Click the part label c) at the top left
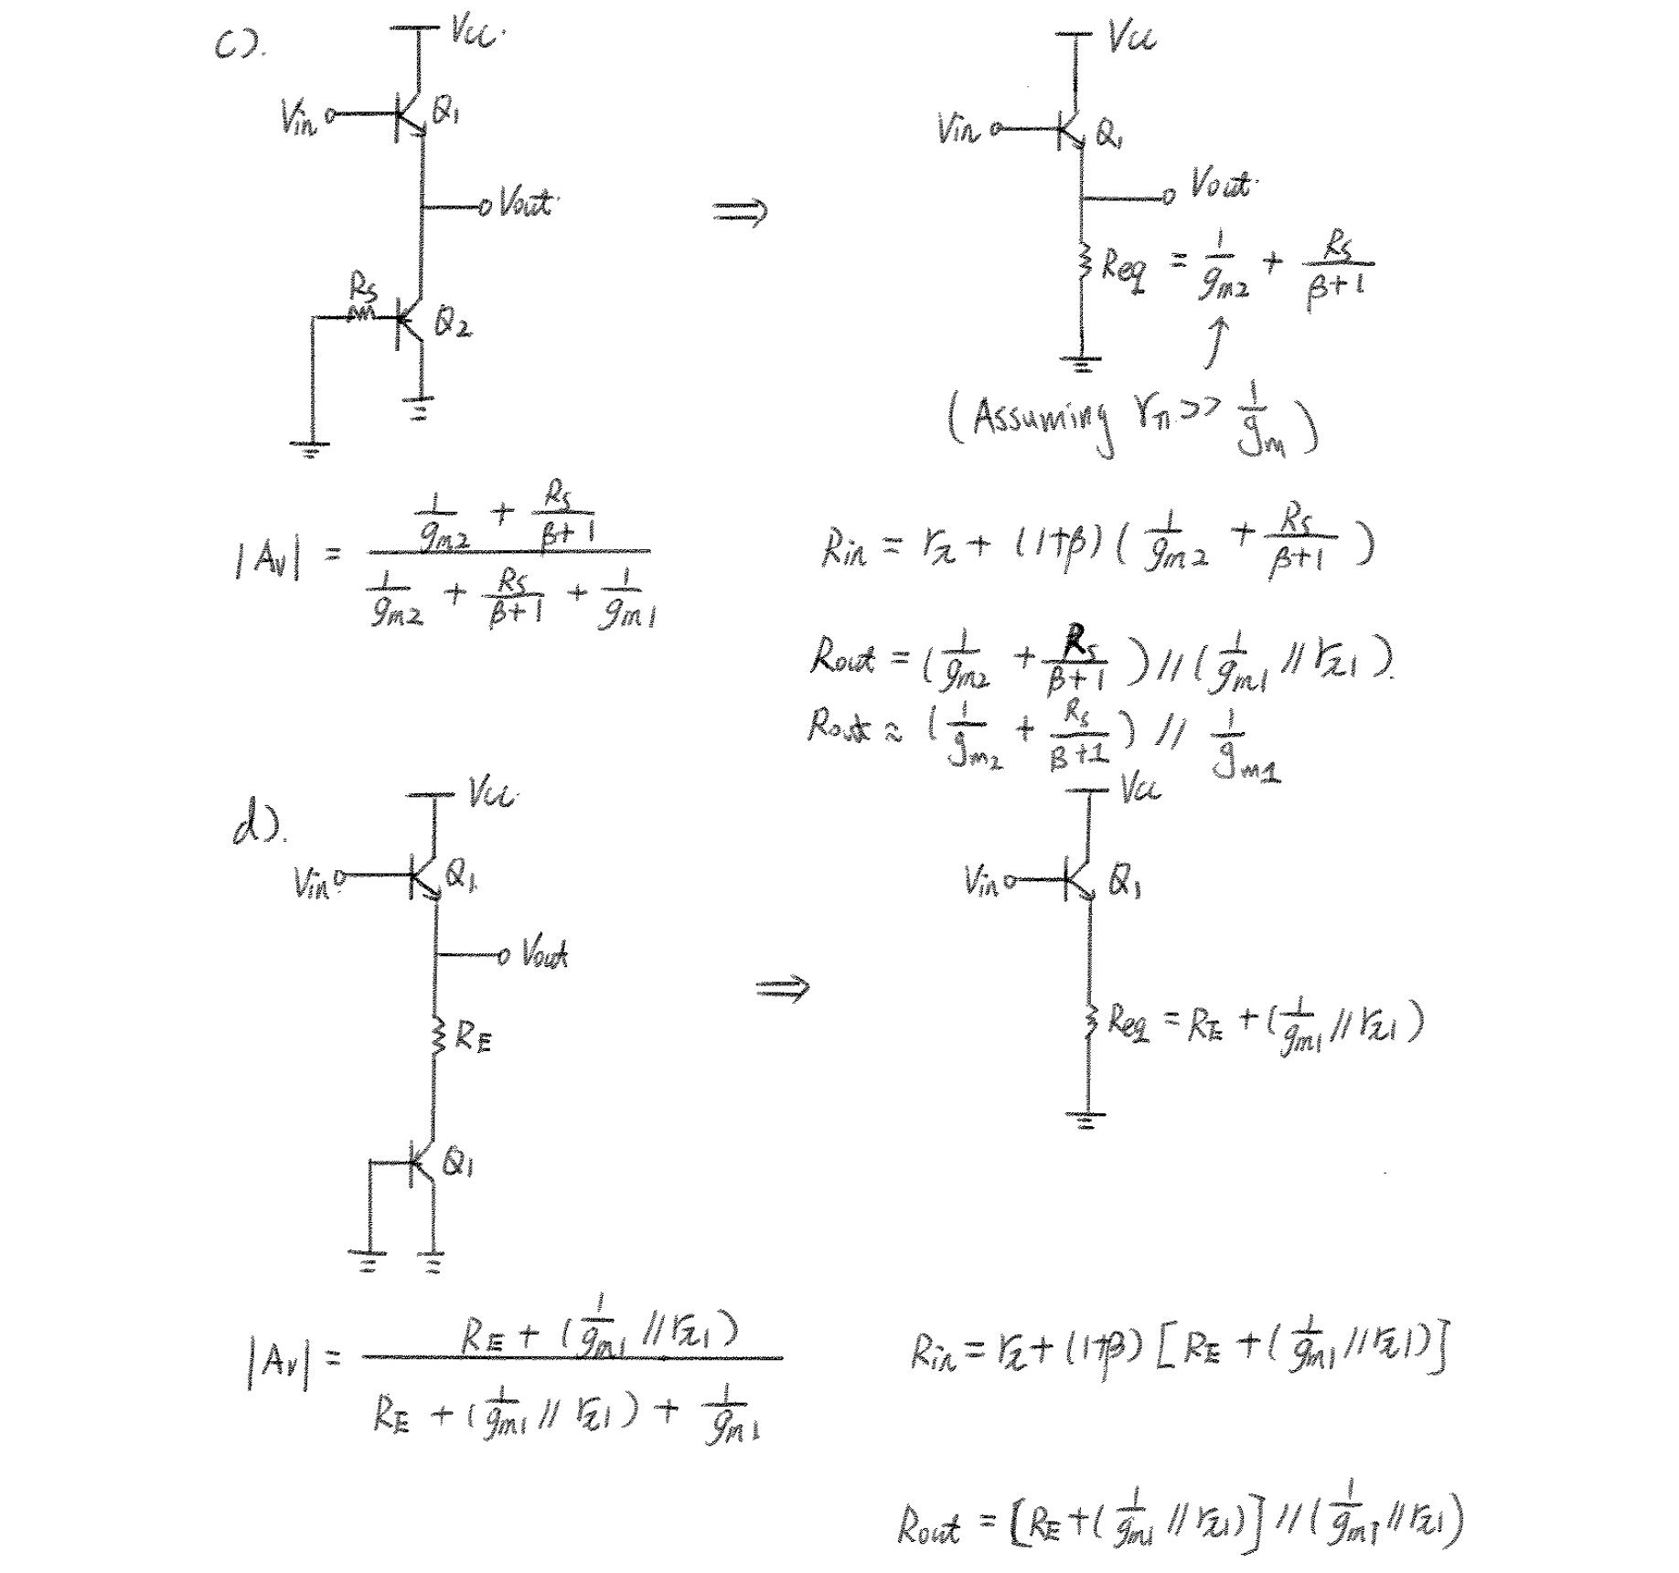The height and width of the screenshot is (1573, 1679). [236, 46]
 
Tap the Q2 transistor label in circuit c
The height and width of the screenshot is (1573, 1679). [454, 324]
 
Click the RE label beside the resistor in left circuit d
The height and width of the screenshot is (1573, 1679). [473, 1037]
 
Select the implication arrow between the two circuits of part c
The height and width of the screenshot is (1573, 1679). [740, 213]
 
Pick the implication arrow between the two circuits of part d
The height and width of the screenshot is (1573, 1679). [783, 988]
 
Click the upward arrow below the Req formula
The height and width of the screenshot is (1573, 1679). [1216, 342]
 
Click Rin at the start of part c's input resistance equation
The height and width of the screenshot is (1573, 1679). [842, 549]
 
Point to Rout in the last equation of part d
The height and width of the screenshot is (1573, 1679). [928, 1525]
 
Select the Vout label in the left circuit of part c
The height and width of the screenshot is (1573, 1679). [527, 202]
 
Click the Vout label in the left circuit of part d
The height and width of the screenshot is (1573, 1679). [545, 954]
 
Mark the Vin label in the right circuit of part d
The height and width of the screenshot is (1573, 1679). [982, 881]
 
